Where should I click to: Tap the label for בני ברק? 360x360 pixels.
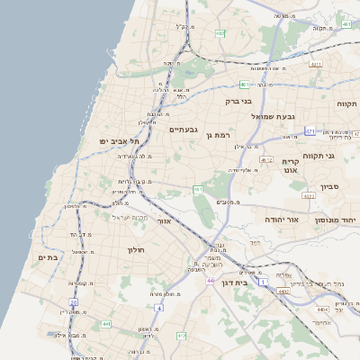pos(235,103)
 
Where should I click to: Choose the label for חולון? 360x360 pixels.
pos(137,248)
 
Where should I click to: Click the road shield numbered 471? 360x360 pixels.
pos(310,131)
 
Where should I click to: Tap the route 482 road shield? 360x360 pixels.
pos(220,33)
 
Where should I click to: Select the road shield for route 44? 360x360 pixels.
pos(209,282)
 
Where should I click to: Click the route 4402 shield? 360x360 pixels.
pos(283,292)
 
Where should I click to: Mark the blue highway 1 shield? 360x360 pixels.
pos(264,283)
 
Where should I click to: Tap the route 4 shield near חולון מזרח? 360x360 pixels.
pos(159,308)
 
